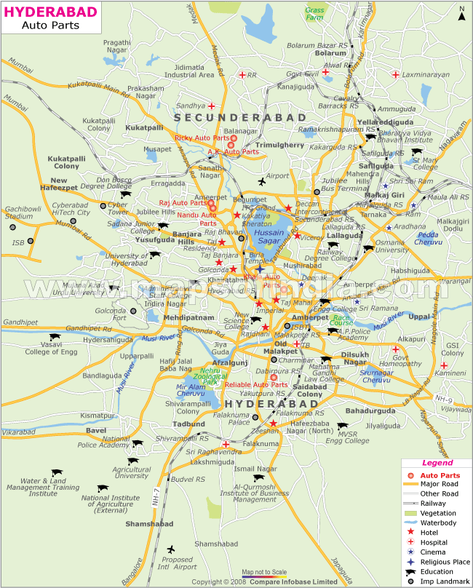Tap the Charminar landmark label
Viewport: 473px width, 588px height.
coord(295,359)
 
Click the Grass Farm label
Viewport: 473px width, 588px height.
coord(315,13)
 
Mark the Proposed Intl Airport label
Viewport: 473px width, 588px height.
coord(178,563)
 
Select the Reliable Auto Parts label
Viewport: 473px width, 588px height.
coord(256,384)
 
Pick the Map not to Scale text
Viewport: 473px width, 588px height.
coord(265,572)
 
